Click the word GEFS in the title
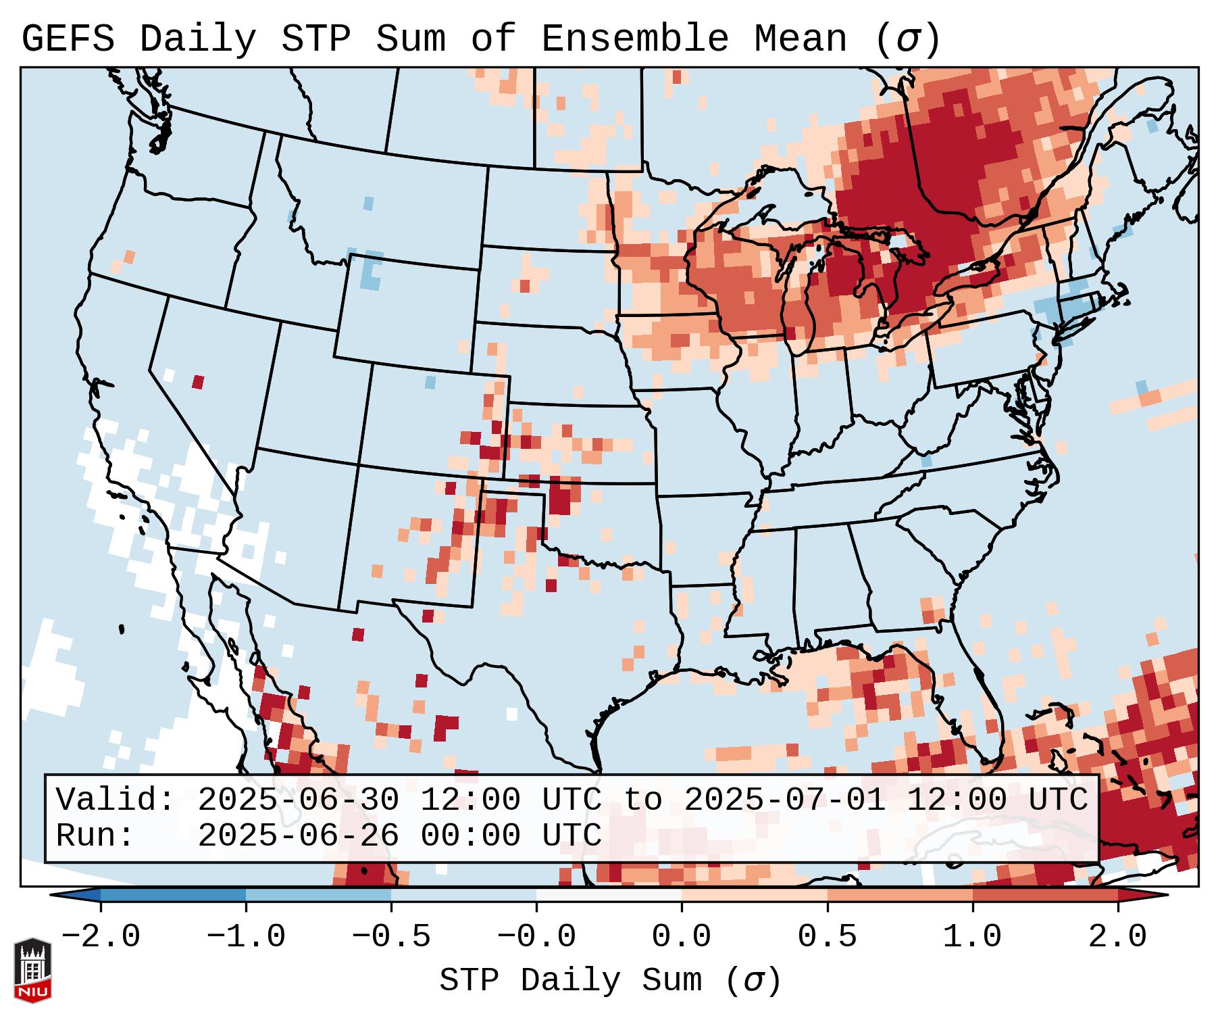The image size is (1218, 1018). point(68,39)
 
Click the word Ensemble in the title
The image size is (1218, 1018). point(634,39)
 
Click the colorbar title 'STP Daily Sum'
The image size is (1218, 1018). point(571,981)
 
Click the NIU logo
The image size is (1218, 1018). point(32,970)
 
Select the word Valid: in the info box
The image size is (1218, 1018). point(116,800)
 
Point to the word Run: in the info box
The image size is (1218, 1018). point(95,835)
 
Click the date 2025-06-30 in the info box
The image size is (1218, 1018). point(298,800)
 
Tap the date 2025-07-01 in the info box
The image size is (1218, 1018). point(784,800)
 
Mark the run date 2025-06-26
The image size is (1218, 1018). point(298,835)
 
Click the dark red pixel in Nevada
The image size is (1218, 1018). point(198,382)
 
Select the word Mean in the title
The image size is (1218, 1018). point(800,39)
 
